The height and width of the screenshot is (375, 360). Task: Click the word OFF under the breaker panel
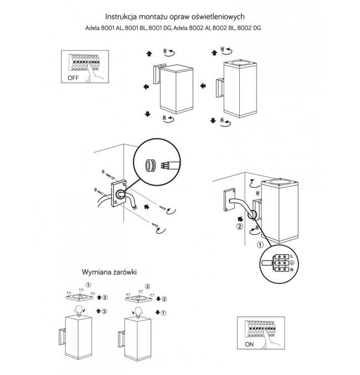(x=73, y=78)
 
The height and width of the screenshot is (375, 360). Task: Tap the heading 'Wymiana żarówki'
(x=109, y=273)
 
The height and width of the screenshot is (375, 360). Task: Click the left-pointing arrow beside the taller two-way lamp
(x=203, y=86)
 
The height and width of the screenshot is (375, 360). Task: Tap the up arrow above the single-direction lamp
(x=148, y=54)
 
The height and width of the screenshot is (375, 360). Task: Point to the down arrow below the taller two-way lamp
(x=213, y=120)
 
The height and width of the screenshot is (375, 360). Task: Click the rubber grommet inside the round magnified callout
(x=150, y=165)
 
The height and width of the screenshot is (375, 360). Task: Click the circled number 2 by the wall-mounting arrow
(x=239, y=227)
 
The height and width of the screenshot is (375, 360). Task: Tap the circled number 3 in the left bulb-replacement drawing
(x=104, y=311)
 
